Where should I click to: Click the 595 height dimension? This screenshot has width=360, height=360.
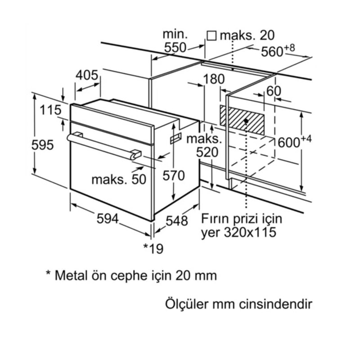coord(43,145)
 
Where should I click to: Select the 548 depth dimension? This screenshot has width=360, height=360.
coord(177,221)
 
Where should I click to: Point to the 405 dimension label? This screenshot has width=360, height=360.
coord(87,75)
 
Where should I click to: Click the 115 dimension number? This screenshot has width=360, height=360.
coord(49,109)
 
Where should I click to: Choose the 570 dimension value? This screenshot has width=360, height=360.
coord(174,175)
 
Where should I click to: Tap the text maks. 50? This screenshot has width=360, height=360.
coord(119,179)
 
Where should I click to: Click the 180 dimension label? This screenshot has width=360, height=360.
coord(214,79)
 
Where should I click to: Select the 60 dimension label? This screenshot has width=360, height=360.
coord(274,91)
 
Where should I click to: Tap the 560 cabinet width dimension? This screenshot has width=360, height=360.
coord(274,52)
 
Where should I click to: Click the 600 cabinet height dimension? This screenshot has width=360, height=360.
coord(290,142)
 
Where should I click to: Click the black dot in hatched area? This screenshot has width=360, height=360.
coord(246,121)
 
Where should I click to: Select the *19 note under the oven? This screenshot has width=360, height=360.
coord(153,247)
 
